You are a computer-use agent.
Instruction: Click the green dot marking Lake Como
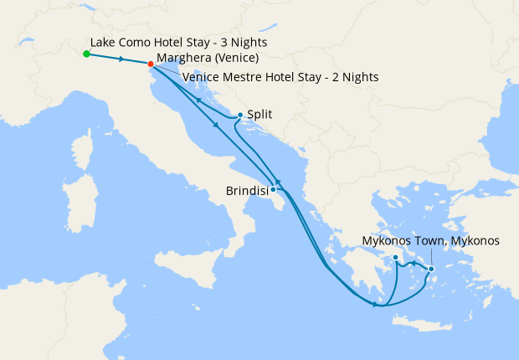click(86, 54)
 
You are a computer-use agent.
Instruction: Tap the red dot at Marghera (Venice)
click(151, 64)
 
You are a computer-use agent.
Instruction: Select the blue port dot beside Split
click(240, 116)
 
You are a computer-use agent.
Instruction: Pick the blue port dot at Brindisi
click(273, 189)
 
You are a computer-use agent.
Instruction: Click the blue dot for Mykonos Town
click(431, 269)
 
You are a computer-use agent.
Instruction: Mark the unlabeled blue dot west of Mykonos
click(395, 269)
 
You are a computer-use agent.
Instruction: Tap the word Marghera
click(183, 59)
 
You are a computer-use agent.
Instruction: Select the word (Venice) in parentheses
click(235, 59)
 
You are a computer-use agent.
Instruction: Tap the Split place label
click(261, 115)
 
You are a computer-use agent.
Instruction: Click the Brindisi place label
click(246, 191)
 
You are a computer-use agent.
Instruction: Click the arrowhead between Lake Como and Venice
click(122, 59)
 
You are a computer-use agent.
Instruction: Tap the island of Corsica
click(83, 151)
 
